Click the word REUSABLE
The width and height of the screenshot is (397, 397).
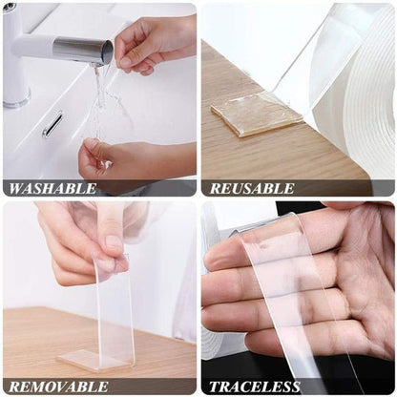click(x=252, y=188)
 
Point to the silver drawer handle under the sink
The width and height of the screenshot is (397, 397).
click(x=52, y=123)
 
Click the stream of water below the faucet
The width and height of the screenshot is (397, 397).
click(x=99, y=95)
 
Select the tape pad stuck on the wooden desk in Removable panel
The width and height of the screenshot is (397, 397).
click(x=95, y=359)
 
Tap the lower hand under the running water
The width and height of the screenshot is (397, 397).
click(x=124, y=157)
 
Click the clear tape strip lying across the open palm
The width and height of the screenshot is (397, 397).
click(x=286, y=286)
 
